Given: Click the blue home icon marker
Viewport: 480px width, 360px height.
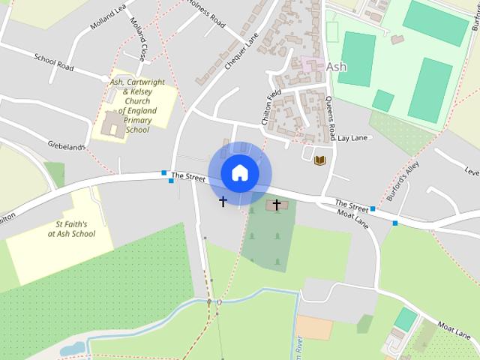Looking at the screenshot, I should click(239, 172).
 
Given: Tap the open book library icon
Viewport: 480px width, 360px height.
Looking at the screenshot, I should click(320, 160).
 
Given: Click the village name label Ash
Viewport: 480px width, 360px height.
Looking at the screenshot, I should click(337, 67).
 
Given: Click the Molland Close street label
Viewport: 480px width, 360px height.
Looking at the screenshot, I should click(136, 39).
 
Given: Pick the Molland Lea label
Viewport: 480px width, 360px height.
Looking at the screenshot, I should click(106, 16).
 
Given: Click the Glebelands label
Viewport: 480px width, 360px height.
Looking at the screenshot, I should click(67, 146).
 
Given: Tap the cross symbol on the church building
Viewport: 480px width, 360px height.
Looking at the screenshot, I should click(276, 204).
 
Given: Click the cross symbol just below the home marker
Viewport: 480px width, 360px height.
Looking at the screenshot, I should click(223, 201).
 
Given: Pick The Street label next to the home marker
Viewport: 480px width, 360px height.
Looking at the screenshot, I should click(188, 176).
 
